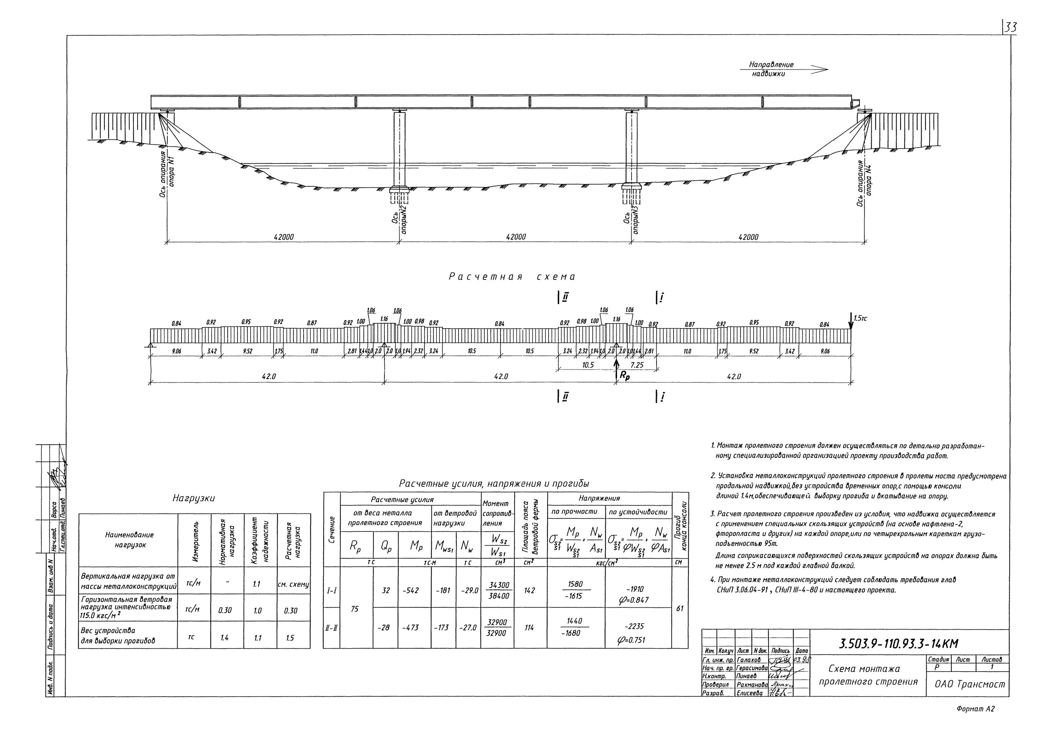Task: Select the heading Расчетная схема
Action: pyautogui.click(x=512, y=277)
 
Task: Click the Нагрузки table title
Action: pyautogui.click(x=193, y=498)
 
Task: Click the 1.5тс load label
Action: pyautogui.click(x=860, y=318)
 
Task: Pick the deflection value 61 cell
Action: pyautogui.click(x=680, y=608)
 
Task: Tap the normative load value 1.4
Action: pyautogui.click(x=224, y=638)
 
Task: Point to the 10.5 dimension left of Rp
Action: pyautogui.click(x=588, y=365)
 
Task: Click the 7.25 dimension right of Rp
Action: pyautogui.click(x=637, y=365)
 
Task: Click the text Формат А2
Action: pyautogui.click(x=975, y=709)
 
